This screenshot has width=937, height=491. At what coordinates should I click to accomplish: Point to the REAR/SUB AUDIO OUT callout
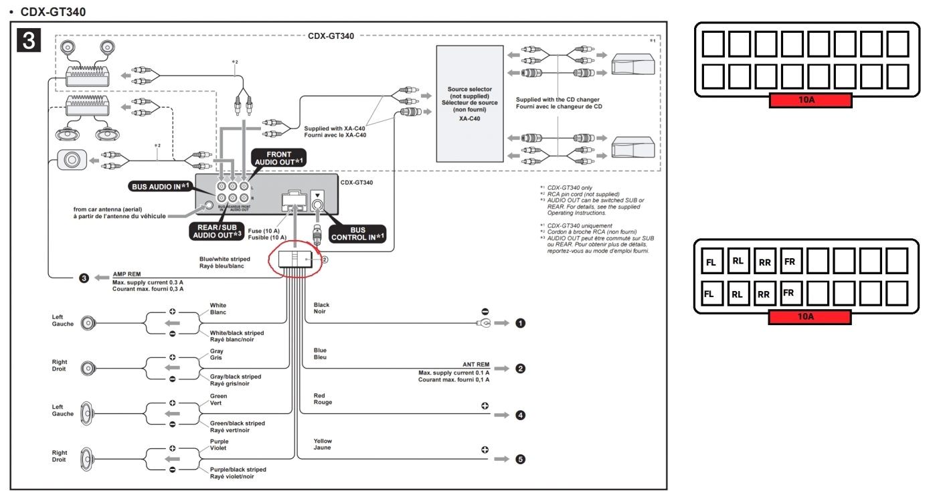[x=217, y=231]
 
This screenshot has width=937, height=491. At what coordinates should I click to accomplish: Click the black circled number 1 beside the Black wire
[x=520, y=324]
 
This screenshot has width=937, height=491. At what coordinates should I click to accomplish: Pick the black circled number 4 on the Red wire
[x=520, y=415]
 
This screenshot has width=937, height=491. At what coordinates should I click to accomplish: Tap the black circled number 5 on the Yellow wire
[x=520, y=460]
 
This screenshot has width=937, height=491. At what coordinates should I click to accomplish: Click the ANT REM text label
[x=475, y=365]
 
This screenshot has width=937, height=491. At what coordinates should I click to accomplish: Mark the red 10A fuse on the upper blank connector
[x=810, y=101]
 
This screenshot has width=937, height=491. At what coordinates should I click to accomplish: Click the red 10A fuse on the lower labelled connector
[x=810, y=317]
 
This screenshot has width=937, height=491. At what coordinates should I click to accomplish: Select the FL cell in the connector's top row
[x=711, y=262]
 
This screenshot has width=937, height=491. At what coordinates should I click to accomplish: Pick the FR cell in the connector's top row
[x=790, y=262]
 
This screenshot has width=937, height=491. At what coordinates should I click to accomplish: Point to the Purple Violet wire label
[x=219, y=445]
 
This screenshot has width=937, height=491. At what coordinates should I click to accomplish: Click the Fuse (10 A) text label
[x=267, y=233]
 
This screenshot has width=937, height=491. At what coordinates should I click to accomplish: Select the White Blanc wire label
[x=218, y=308]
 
